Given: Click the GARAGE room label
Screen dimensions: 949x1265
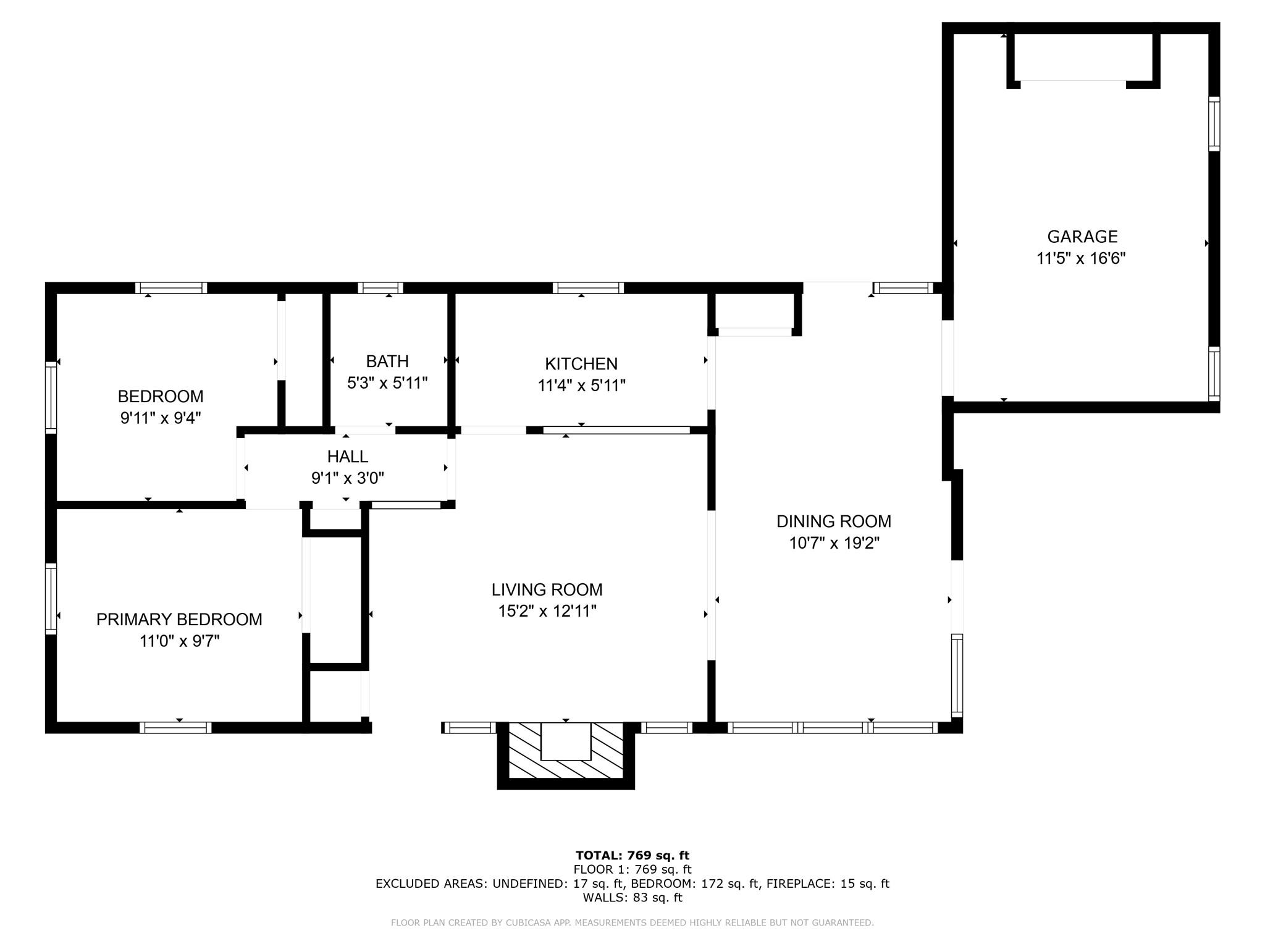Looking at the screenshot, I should point(1082,237).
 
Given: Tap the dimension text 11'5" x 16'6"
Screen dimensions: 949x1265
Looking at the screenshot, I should point(1081,258).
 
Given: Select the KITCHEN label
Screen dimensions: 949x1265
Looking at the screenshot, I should point(581,363).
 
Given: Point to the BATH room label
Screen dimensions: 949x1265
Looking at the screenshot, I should point(387,361).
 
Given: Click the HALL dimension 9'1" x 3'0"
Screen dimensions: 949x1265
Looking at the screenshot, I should point(348,478).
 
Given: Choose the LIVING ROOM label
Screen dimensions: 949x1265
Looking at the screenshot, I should point(547,589).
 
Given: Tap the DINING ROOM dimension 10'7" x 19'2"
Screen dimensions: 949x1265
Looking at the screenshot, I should point(834,543).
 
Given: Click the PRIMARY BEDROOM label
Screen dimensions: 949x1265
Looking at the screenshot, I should point(179,619).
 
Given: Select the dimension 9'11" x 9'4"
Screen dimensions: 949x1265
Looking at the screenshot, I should point(161,418).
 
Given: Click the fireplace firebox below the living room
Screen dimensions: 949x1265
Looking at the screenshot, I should point(566,741).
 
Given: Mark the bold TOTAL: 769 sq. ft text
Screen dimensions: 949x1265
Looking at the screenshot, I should point(632,855).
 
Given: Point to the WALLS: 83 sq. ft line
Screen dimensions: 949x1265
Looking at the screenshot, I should point(632,898).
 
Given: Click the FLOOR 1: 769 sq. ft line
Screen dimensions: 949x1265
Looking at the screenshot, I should point(632,869).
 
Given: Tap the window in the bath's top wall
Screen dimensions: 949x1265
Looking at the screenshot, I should point(380,288).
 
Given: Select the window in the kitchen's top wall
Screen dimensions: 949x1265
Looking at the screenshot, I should point(588,288).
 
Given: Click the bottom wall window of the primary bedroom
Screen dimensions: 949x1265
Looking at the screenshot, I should point(175,727).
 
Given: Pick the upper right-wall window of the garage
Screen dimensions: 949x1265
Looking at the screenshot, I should point(1214,124).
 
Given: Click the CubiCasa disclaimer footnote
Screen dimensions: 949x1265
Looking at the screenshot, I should point(632,923).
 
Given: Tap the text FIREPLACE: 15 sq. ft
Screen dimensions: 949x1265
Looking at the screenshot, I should point(828,884).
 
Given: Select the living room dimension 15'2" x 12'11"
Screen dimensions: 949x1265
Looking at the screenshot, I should point(547,611).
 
